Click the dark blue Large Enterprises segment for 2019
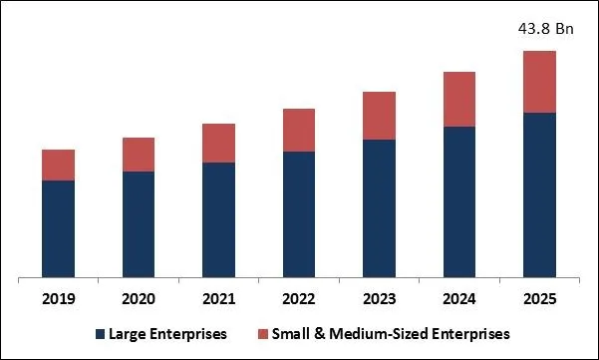click(x=58, y=228)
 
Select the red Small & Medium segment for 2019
click(x=58, y=165)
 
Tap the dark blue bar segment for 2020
click(x=139, y=224)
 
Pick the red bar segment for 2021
click(x=218, y=144)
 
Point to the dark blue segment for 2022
click(x=299, y=214)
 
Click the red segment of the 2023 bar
click(x=379, y=116)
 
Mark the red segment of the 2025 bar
click(x=539, y=82)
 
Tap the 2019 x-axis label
click(x=58, y=298)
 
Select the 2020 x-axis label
click(x=139, y=298)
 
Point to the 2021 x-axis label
click(x=218, y=298)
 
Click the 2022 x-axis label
click(x=299, y=298)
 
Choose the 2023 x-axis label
click(x=379, y=298)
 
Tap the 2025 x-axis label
click(x=539, y=298)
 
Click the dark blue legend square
click(x=100, y=333)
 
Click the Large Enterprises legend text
click(x=167, y=333)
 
